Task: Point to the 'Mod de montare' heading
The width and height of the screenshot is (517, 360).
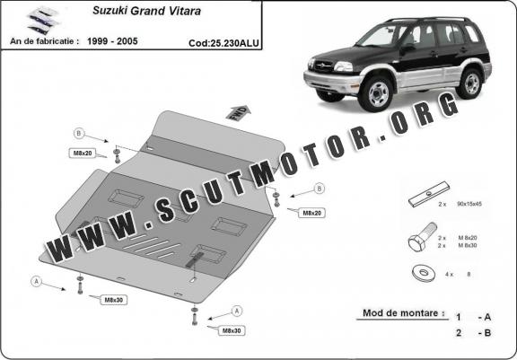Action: pyautogui.click(x=403, y=313)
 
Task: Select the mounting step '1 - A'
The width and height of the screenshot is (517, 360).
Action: pyautogui.click(x=472, y=317)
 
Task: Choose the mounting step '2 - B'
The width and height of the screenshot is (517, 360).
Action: pyautogui.click(x=472, y=334)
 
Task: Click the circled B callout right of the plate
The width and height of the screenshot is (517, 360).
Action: pyautogui.click(x=319, y=189)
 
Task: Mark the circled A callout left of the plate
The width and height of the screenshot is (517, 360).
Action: pyautogui.click(x=36, y=280)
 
